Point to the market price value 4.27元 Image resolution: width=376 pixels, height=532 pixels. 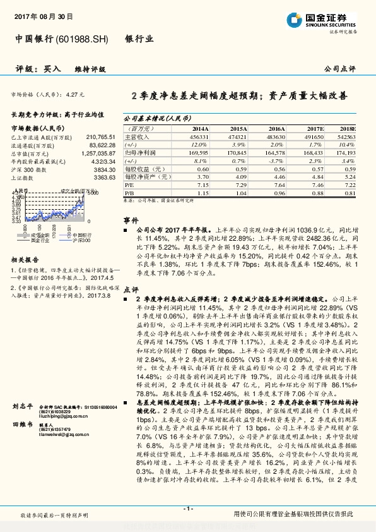pyautogui.click(x=74, y=94)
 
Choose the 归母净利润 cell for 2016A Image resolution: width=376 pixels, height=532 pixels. pyautogui.click(x=276, y=152)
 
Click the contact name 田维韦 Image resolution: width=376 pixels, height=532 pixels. pyautogui.click(x=22, y=426)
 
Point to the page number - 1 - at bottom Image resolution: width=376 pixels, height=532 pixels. pyautogui.click(x=188, y=508)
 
